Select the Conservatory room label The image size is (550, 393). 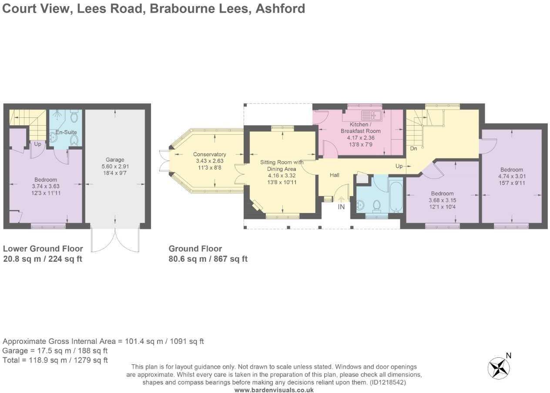210,154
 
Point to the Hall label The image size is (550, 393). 334,175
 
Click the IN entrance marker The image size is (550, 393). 341,207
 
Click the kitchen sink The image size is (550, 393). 373,116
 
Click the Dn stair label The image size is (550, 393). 414,148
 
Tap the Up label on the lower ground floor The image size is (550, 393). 38,144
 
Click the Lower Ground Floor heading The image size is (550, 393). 43,249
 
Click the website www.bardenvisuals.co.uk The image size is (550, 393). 274,390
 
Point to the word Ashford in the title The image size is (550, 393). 280,8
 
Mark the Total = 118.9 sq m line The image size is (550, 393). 55,360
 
